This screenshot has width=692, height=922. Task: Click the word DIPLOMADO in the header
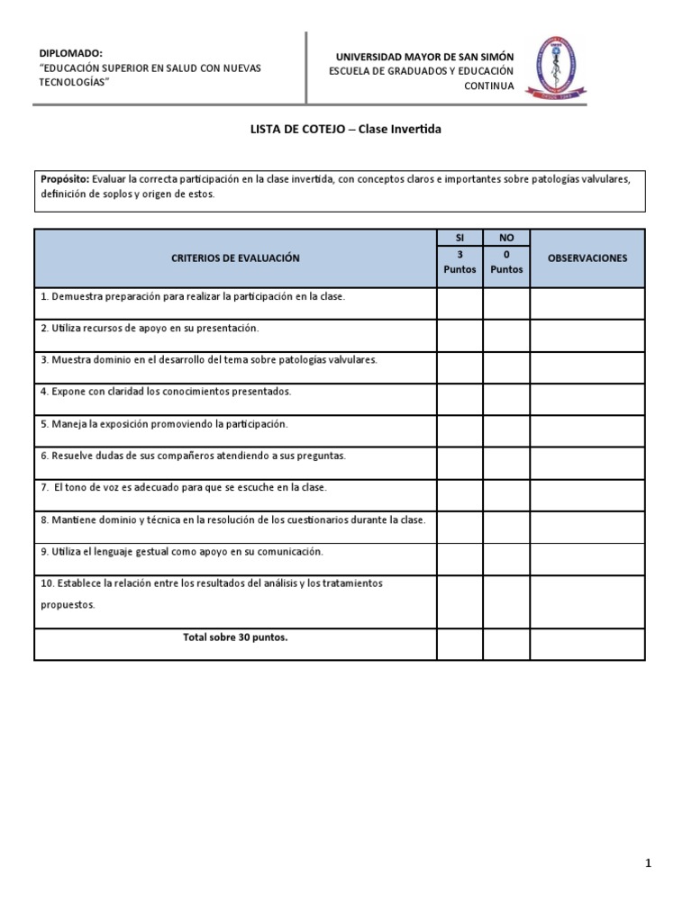click(72, 53)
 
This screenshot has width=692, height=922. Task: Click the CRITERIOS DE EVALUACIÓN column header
click(235, 258)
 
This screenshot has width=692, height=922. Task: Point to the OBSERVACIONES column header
click(587, 258)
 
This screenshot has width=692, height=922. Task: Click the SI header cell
click(460, 238)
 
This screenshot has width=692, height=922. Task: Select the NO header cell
click(506, 238)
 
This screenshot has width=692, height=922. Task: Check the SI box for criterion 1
click(460, 303)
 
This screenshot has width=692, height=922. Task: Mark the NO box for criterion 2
click(506, 335)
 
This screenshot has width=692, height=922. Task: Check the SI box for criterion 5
click(460, 430)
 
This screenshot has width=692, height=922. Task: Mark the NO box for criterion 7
click(506, 494)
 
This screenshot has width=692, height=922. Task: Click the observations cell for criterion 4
click(587, 399)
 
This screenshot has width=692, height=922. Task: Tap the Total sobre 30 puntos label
click(235, 637)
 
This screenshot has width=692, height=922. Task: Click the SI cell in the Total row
click(460, 644)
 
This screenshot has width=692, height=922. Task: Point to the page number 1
click(648, 863)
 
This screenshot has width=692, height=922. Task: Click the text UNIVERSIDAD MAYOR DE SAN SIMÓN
click(424, 57)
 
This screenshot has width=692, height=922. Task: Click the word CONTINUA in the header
click(489, 86)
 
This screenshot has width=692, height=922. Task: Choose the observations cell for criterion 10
click(587, 601)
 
